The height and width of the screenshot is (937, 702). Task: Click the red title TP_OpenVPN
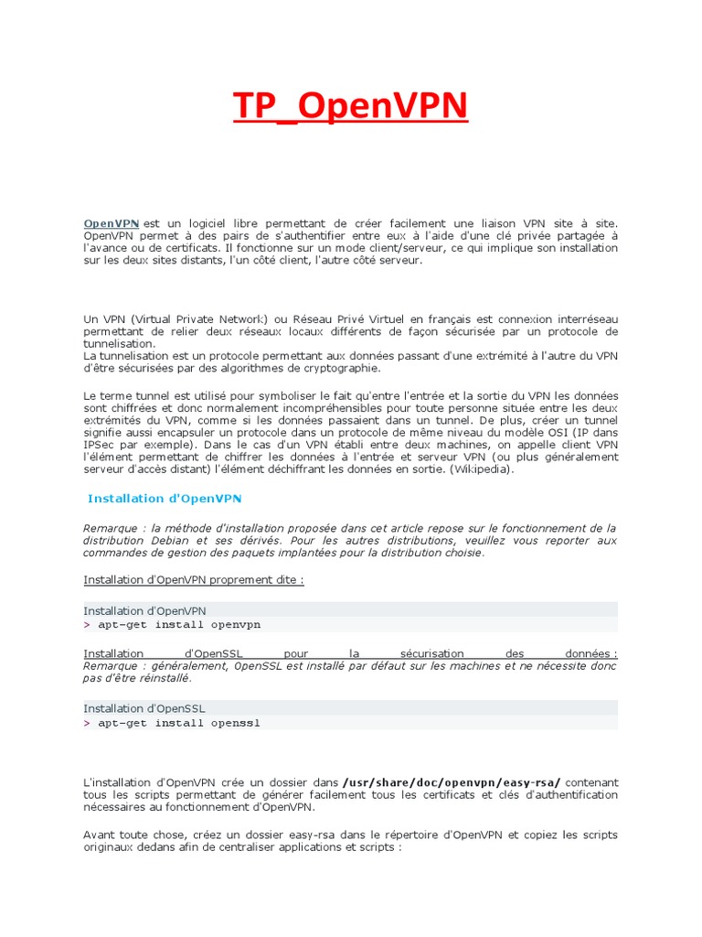[350, 107]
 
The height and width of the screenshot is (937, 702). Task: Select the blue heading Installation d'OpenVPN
[165, 499]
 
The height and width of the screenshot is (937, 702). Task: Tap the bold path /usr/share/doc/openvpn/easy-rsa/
[452, 782]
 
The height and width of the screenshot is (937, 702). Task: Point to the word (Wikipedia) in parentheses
[485, 469]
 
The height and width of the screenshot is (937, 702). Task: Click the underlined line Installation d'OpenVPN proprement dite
[193, 579]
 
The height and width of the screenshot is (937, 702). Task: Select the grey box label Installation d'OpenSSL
[144, 708]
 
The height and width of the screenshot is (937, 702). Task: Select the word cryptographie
[337, 368]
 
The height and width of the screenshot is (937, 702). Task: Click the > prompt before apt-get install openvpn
[87, 624]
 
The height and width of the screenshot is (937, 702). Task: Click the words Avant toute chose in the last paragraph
[127, 835]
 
